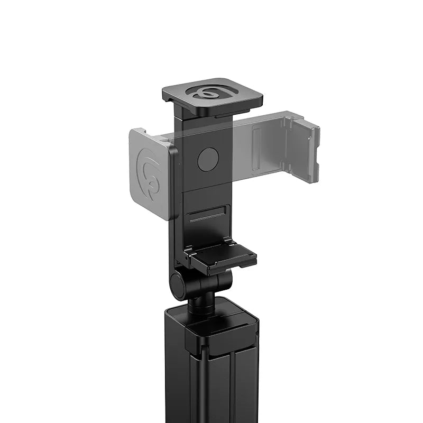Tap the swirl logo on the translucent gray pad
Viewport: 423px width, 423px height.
click(x=150, y=175)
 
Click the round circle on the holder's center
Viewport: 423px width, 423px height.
click(x=208, y=159)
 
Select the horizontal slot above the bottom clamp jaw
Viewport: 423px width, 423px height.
click(x=207, y=216)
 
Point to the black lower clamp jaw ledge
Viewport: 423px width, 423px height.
click(x=224, y=256)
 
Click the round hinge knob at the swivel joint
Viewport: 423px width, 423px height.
click(x=179, y=286)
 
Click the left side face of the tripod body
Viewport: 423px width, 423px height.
click(x=174, y=370)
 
